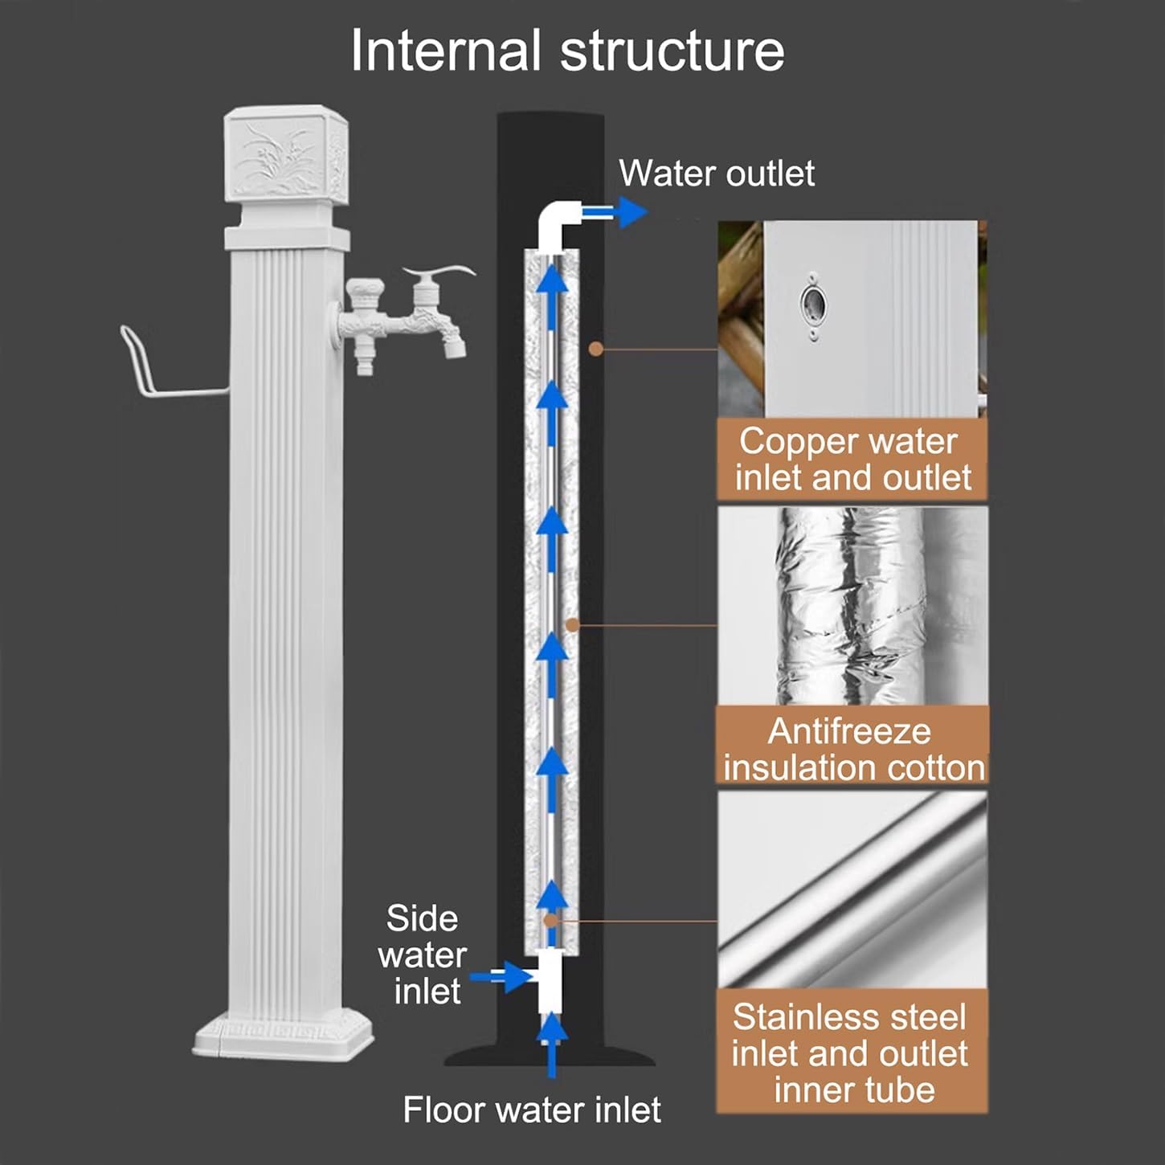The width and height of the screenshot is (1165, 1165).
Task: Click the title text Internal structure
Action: click(x=567, y=51)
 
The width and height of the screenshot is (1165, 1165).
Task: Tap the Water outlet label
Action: click(x=717, y=174)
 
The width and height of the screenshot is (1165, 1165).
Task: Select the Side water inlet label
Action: click(x=423, y=954)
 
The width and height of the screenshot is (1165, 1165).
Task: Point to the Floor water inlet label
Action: click(x=531, y=1110)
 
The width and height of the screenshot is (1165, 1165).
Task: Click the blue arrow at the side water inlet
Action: click(x=497, y=977)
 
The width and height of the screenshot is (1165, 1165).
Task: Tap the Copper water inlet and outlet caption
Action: click(x=852, y=460)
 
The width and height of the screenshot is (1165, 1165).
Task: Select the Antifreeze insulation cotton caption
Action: click(x=852, y=749)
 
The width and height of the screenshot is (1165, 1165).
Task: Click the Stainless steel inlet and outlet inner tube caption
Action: click(x=851, y=1053)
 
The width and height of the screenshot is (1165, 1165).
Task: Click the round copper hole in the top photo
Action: click(x=811, y=304)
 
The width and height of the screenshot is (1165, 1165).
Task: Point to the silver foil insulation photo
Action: click(x=852, y=607)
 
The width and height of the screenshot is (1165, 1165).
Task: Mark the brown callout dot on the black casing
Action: click(x=595, y=349)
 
